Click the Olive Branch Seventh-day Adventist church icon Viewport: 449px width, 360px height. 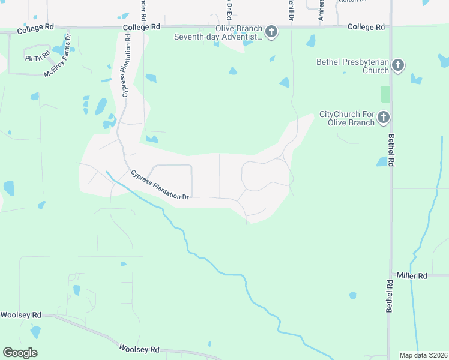click(x=271, y=32)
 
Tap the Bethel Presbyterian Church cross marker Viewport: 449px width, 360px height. click(x=398, y=65)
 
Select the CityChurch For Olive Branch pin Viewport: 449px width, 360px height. click(x=384, y=118)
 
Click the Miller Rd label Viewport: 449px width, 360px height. click(x=411, y=276)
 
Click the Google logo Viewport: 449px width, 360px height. click(x=20, y=353)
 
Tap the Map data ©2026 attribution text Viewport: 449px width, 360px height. click(x=423, y=355)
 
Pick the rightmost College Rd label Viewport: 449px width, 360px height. click(x=366, y=28)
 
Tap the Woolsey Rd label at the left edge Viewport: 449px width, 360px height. click(x=20, y=315)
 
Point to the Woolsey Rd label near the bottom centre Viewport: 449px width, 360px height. click(x=139, y=349)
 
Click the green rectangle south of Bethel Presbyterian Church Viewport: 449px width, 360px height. click(x=385, y=94)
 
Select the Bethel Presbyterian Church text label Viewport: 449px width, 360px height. click(x=353, y=66)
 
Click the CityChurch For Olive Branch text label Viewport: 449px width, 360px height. click(x=347, y=118)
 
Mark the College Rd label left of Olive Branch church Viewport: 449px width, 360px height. click(x=141, y=28)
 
